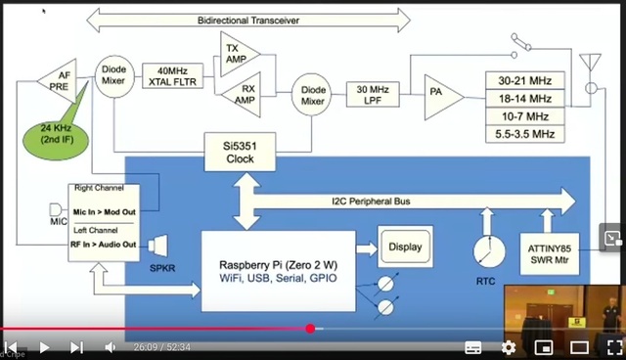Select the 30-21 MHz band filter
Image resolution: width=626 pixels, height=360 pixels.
point(524,81)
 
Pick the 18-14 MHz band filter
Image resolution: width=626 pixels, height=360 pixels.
point(524,98)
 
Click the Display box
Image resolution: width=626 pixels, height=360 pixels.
point(405,247)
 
